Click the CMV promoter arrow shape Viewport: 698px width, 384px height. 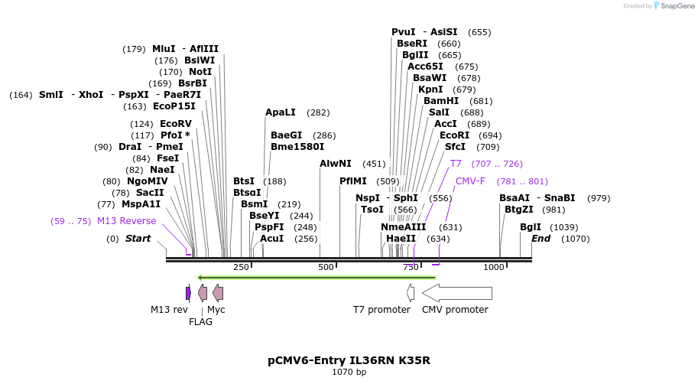click(457, 293)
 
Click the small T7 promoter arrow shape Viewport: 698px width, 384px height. click(411, 293)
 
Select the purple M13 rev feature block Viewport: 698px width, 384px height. click(188, 293)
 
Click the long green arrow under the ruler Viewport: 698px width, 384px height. click(317, 277)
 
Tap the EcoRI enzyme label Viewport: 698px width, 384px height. click(454, 135)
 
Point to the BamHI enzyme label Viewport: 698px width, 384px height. click(441, 101)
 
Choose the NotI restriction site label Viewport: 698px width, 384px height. click(200, 72)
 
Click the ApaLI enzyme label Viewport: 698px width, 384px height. click(281, 112)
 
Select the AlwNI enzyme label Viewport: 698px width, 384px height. click(336, 164)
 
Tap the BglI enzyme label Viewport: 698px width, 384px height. click(531, 227)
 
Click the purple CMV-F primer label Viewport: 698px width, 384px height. click(470, 181)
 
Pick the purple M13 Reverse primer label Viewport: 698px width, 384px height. click(126, 221)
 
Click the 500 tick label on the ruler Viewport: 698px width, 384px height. click(326, 267)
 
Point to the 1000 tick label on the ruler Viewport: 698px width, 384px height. click(494, 267)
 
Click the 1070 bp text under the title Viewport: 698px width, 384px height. click(349, 373)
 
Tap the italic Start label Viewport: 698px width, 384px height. click(138, 239)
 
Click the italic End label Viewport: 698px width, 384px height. click(541, 239)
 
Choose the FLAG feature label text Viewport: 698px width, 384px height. click(200, 322)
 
